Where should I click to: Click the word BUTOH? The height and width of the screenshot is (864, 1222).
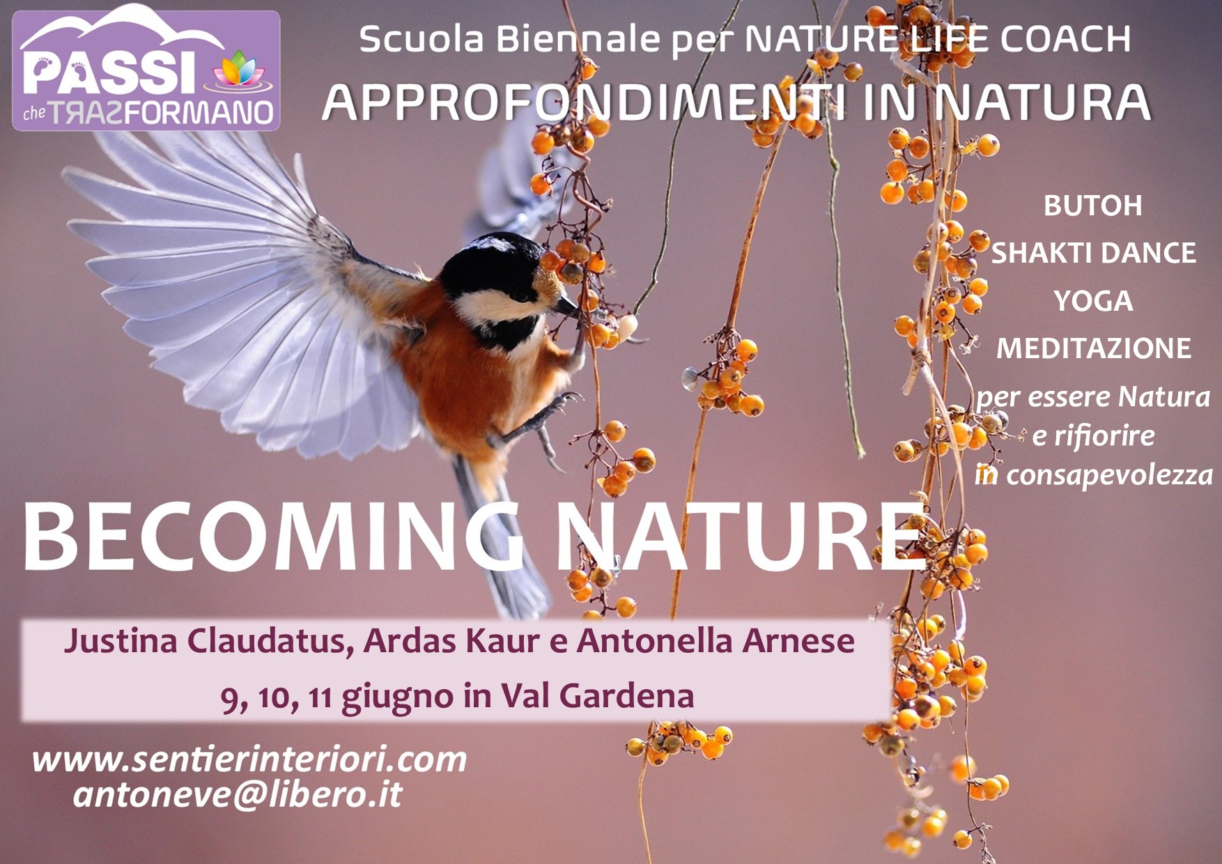click(1092, 206)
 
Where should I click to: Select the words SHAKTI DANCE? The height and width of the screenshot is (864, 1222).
click(1093, 254)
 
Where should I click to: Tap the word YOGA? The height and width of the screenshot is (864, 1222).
click(1093, 301)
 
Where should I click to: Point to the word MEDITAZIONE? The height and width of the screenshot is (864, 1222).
click(1093, 348)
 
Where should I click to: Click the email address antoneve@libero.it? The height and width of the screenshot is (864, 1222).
click(238, 795)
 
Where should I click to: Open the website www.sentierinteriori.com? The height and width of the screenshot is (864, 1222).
click(249, 759)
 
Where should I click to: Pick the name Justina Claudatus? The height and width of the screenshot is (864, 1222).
click(205, 642)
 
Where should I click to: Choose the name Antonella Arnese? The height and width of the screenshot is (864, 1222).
click(716, 641)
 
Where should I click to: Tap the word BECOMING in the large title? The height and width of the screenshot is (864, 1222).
click(272, 536)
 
